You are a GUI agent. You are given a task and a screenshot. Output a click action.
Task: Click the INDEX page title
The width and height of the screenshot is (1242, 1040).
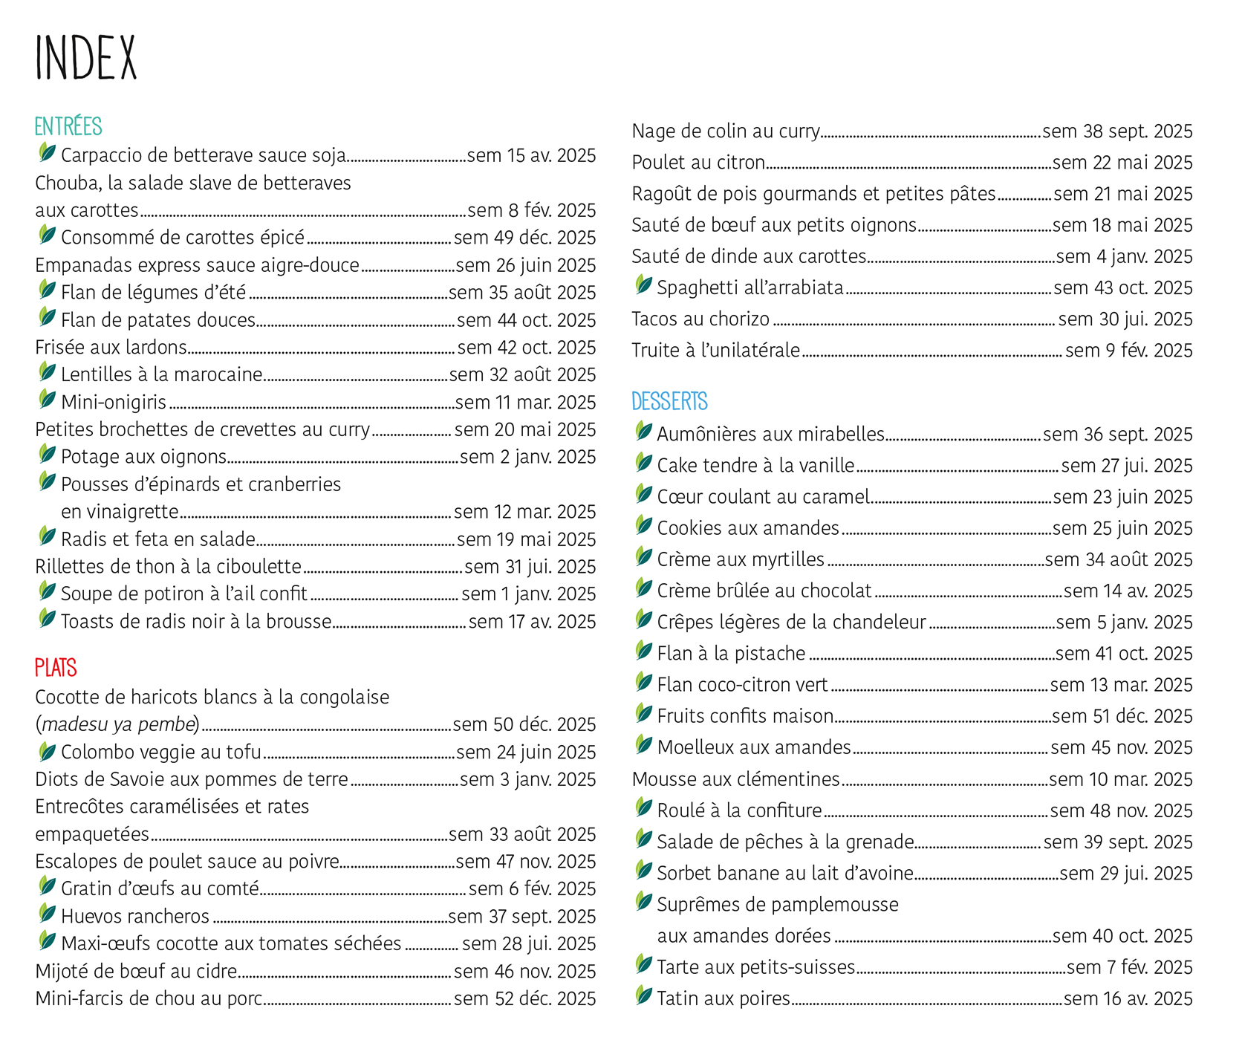click(x=86, y=58)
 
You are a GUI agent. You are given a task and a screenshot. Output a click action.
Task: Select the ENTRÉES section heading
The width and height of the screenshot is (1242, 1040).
click(x=68, y=126)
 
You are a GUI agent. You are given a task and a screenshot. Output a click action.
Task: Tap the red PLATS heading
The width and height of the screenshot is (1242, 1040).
click(x=56, y=668)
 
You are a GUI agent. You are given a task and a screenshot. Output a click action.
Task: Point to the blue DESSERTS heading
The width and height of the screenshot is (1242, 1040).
click(x=669, y=401)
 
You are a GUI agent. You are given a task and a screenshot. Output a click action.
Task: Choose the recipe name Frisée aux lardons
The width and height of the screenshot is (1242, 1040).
click(x=111, y=347)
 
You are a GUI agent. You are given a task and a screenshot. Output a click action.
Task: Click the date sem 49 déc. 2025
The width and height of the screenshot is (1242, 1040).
click(x=524, y=238)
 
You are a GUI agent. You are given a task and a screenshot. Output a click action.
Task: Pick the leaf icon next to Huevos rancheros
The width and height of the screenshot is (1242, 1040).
click(x=47, y=913)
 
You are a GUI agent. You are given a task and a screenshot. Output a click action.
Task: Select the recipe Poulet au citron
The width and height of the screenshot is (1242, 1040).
click(x=698, y=162)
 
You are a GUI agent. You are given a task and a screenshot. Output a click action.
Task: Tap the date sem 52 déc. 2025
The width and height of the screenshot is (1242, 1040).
click(x=524, y=998)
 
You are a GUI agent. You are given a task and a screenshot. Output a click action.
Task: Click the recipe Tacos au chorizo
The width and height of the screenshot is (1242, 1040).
click(x=700, y=319)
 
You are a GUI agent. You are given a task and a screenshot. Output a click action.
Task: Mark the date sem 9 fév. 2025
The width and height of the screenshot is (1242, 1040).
click(x=1128, y=350)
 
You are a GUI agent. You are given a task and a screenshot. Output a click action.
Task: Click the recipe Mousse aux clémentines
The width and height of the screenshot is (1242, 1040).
click(x=735, y=779)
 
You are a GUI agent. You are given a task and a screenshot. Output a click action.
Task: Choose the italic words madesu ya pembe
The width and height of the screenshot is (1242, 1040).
click(x=119, y=724)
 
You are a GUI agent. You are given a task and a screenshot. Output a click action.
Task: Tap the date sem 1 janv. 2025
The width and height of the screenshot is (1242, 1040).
click(x=528, y=594)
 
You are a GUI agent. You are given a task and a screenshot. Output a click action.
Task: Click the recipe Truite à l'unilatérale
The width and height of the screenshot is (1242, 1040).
click(x=715, y=350)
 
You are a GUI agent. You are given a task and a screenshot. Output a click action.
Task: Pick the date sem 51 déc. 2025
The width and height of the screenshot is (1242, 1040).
click(x=1122, y=716)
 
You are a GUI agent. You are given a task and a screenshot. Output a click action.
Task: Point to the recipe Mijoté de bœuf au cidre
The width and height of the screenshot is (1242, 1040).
click(x=136, y=971)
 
